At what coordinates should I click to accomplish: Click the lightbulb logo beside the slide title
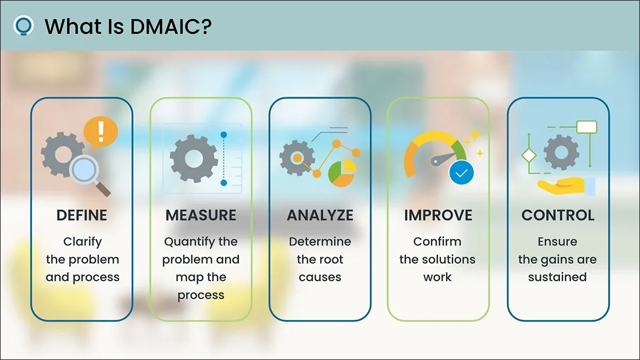click(x=23, y=25)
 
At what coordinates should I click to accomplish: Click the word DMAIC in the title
click(x=166, y=26)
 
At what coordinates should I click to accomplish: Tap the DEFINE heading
click(x=82, y=215)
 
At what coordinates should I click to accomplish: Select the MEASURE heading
click(x=201, y=215)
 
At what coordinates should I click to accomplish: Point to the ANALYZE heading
click(x=320, y=215)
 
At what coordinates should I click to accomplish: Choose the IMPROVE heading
click(x=438, y=215)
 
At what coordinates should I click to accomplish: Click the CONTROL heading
click(x=558, y=215)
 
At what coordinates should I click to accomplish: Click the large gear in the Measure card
click(x=194, y=158)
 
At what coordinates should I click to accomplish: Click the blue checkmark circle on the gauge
click(x=461, y=173)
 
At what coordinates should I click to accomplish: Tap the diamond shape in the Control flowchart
click(x=529, y=156)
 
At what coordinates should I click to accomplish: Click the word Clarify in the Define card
click(x=82, y=242)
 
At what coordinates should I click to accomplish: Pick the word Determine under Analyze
click(x=320, y=242)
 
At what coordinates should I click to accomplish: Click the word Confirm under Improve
click(x=437, y=242)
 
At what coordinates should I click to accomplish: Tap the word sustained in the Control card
click(x=557, y=277)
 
